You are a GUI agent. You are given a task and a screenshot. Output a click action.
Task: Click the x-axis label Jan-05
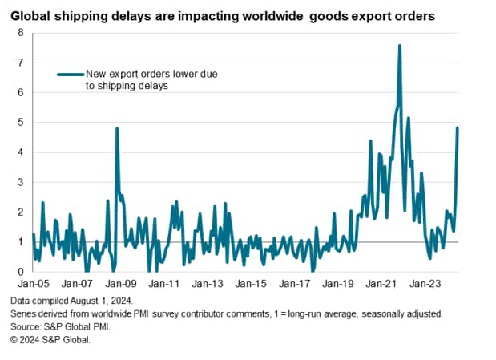tap(33, 284)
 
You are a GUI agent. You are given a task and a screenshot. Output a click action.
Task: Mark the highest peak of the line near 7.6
tap(399, 45)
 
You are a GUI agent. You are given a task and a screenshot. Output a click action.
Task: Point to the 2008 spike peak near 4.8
tap(117, 128)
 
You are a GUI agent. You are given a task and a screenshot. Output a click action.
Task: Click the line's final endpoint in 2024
tap(458, 127)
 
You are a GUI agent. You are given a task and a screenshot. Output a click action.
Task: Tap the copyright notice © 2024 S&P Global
tap(50, 340)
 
